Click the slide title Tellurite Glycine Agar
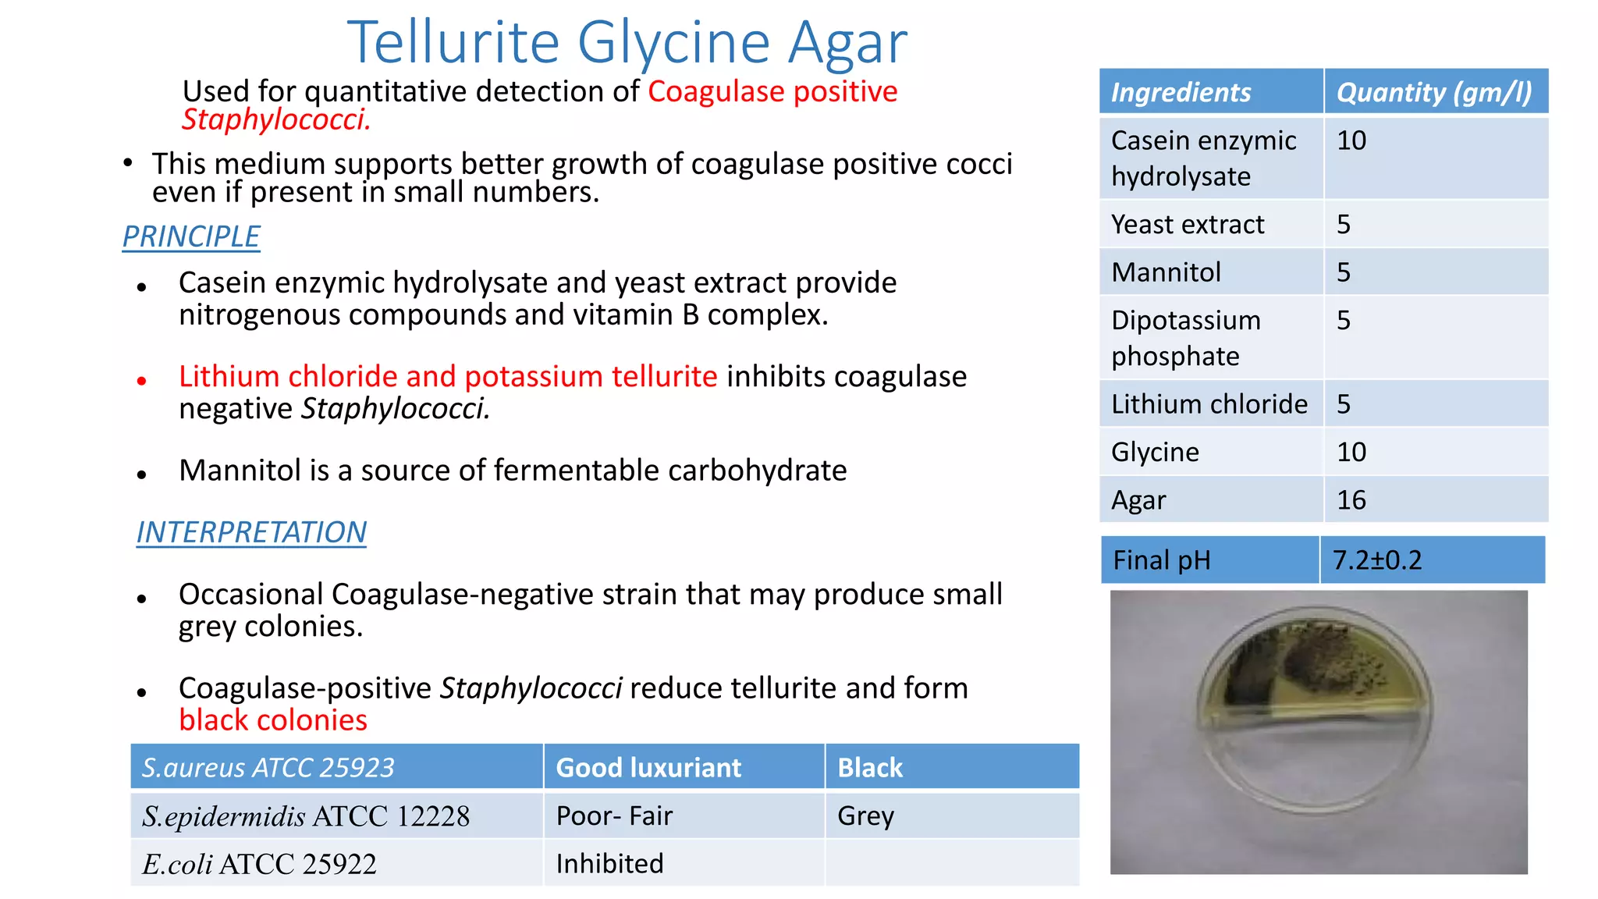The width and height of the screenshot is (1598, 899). coord(627,42)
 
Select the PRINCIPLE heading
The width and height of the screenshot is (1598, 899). coord(191,236)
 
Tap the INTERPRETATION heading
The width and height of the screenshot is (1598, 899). coord(251,532)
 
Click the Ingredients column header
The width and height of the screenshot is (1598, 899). coord(1181,92)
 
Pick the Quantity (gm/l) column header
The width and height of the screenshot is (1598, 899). coord(1434,92)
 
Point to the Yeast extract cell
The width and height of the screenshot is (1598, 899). coord(1187,225)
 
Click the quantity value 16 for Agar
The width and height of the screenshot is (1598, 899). coord(1351,500)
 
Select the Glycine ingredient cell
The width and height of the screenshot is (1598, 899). coord(1155,452)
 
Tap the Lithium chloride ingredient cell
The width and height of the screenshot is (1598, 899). coord(1209,404)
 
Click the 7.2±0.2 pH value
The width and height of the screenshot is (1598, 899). coord(1377,560)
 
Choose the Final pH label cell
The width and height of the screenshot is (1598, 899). coord(1162,560)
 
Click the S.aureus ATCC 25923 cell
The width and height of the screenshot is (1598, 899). coord(268,768)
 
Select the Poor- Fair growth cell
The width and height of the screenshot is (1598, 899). coord(614,816)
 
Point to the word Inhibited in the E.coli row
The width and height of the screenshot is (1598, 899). coord(609,864)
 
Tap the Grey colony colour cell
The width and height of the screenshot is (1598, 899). coord(865,816)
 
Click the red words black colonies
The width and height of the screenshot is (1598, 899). coord(273,720)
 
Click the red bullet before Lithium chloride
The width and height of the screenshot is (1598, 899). coord(141,381)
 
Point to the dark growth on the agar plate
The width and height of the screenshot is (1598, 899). coord(1319,656)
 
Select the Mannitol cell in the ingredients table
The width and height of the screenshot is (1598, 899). coord(1166,272)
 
